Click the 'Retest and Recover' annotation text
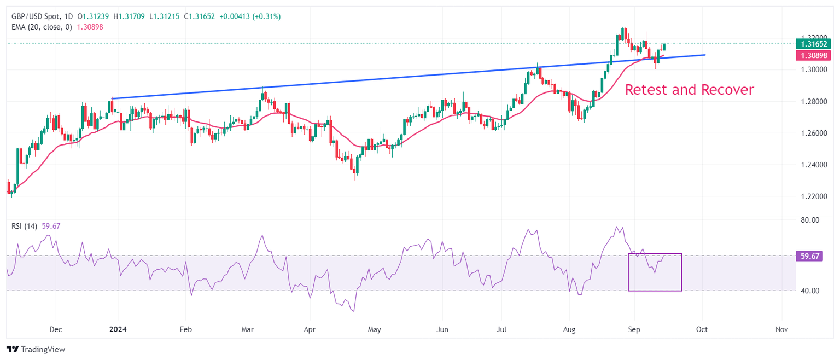click(x=689, y=90)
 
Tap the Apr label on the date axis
click(x=310, y=330)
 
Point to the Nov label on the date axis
click(x=781, y=330)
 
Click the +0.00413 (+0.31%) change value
click(x=250, y=16)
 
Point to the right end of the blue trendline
click(x=705, y=55)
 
